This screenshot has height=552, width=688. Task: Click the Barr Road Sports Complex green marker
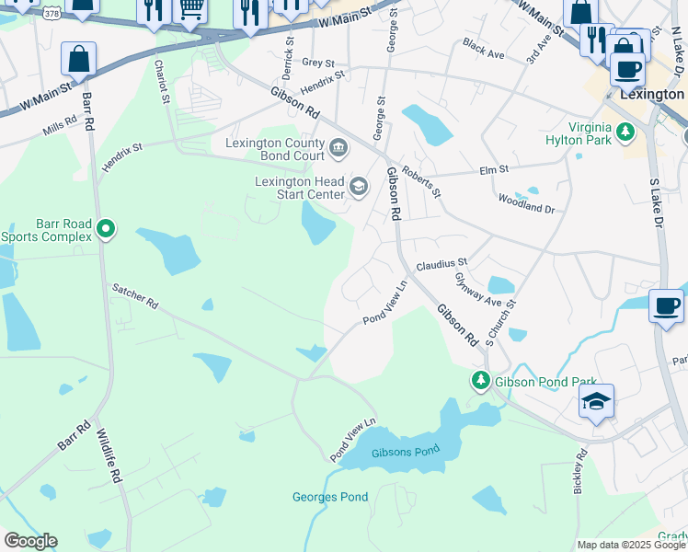[106, 228]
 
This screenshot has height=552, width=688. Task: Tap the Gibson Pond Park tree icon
[480, 380]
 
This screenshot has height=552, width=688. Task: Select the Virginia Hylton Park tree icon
[626, 133]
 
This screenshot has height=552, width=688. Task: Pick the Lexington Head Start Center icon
[358, 189]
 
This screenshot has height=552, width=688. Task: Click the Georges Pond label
[330, 498]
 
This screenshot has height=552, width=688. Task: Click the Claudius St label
[442, 264]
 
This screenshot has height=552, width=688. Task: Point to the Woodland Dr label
[526, 203]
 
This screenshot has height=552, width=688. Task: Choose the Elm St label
[494, 170]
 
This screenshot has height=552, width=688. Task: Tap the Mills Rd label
[60, 127]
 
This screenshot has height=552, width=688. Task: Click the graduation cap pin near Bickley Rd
[596, 401]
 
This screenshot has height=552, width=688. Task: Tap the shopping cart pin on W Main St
[190, 10]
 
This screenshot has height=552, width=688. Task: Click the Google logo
[30, 541]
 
